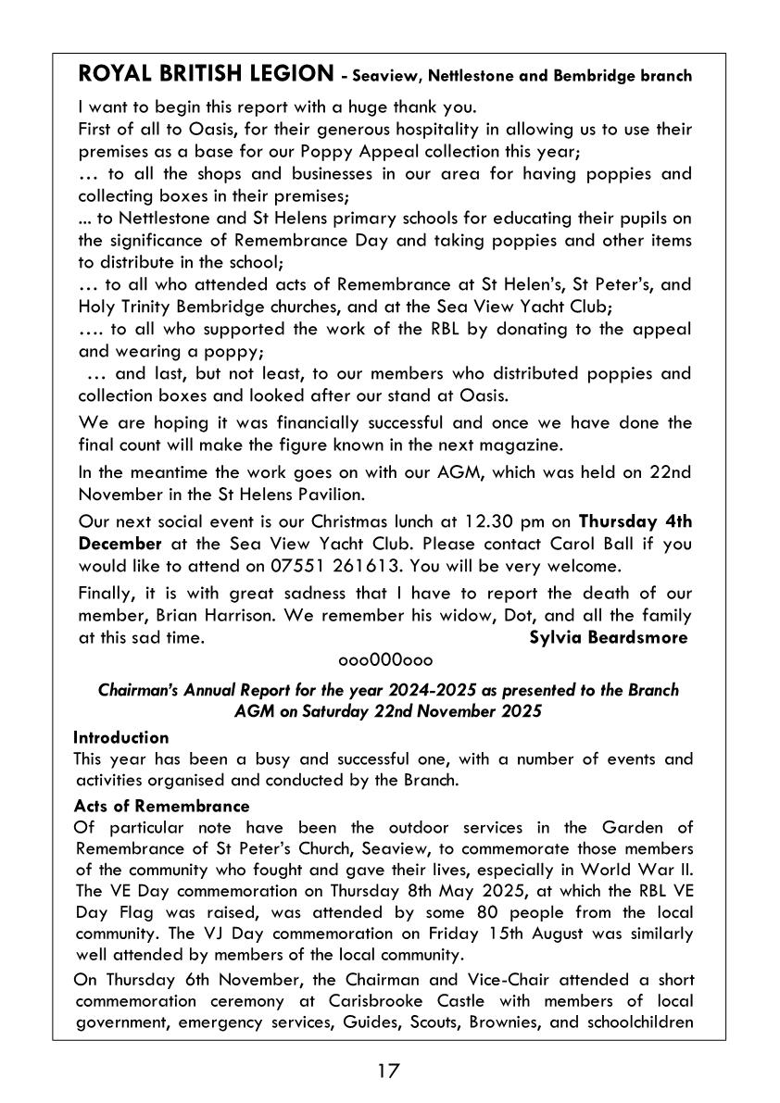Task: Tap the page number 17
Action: tap(388, 1072)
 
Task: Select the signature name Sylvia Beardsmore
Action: tap(609, 637)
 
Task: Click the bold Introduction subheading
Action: tap(121, 737)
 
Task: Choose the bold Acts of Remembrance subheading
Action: tap(161, 806)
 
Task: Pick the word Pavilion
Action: tap(283, 493)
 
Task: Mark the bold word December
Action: tap(120, 542)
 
